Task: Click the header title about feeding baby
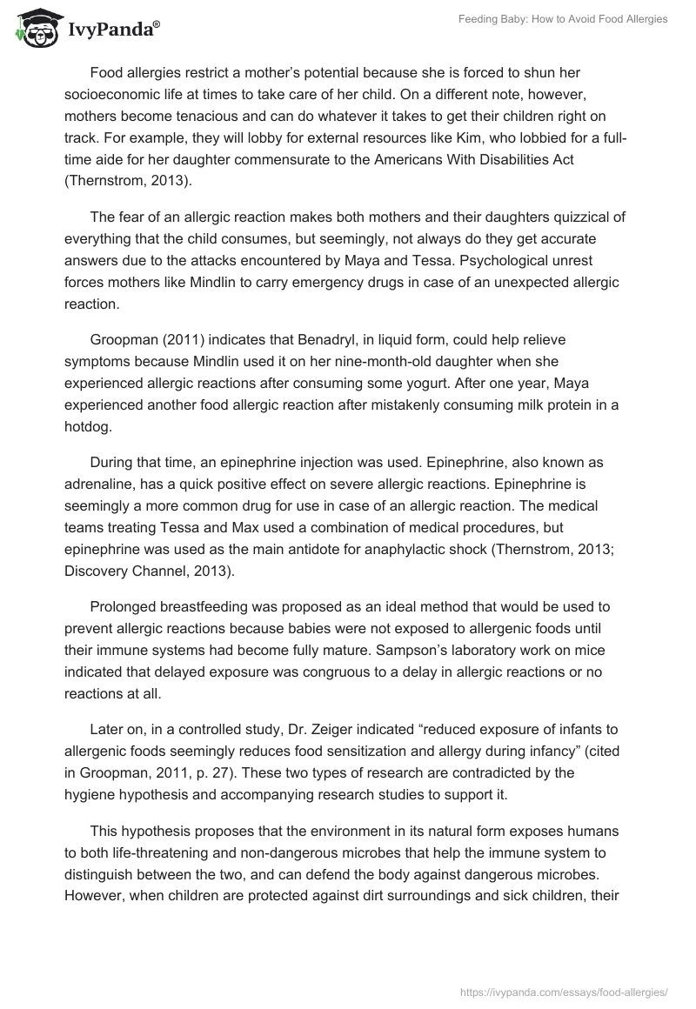pos(563,19)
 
